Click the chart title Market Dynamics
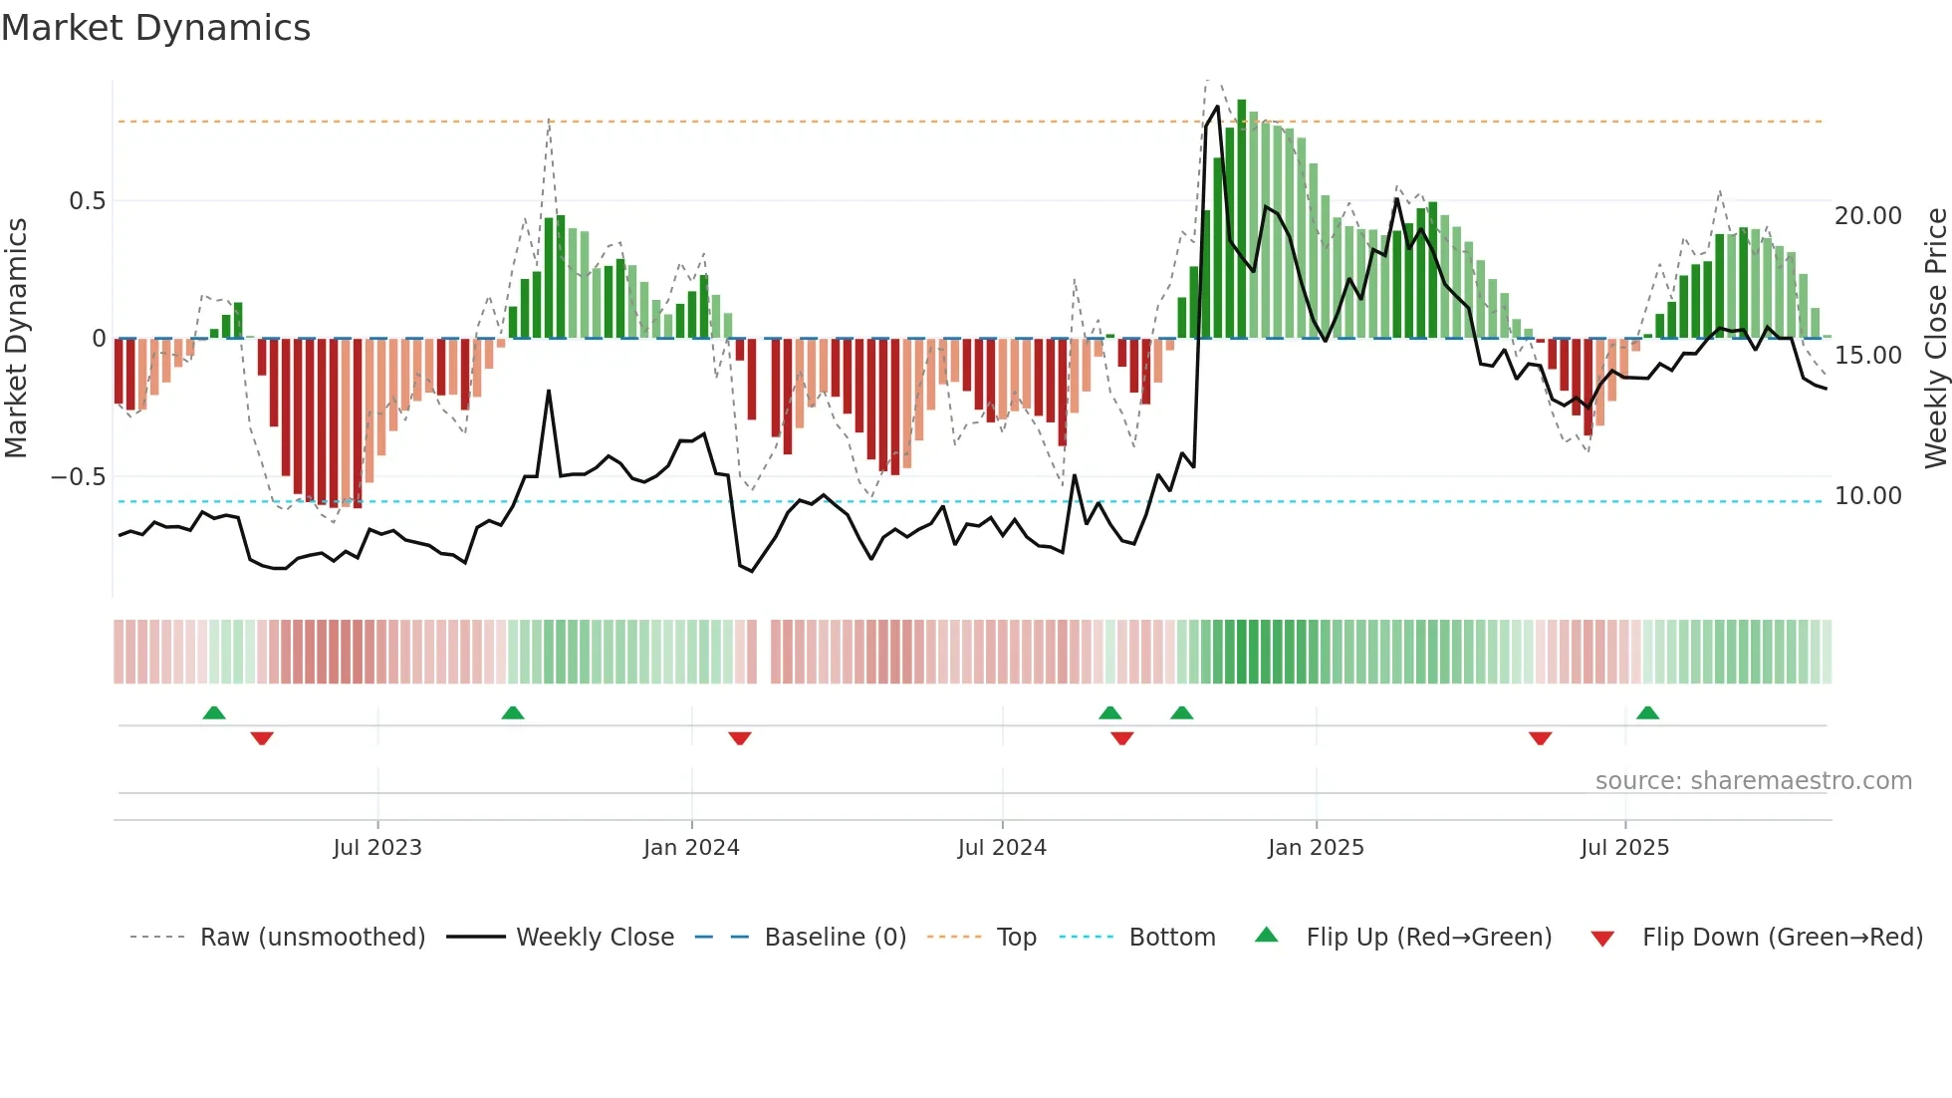[x=155, y=28]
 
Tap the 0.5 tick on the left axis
[x=87, y=201]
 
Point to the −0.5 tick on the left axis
[x=79, y=477]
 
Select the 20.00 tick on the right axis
[x=1867, y=216]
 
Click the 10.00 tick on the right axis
[x=1867, y=496]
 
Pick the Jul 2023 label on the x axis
[x=377, y=848]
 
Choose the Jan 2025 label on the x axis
[x=1316, y=848]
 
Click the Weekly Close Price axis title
[x=1935, y=339]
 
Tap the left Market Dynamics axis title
[x=16, y=339]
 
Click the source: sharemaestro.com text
[x=1753, y=781]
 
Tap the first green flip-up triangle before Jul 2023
[x=214, y=712]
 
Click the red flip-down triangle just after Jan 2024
[x=740, y=738]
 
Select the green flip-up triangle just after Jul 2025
[x=1647, y=712]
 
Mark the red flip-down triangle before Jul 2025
[x=1540, y=738]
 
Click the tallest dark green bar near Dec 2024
[x=1242, y=219]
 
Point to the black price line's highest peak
[x=1217, y=108]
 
